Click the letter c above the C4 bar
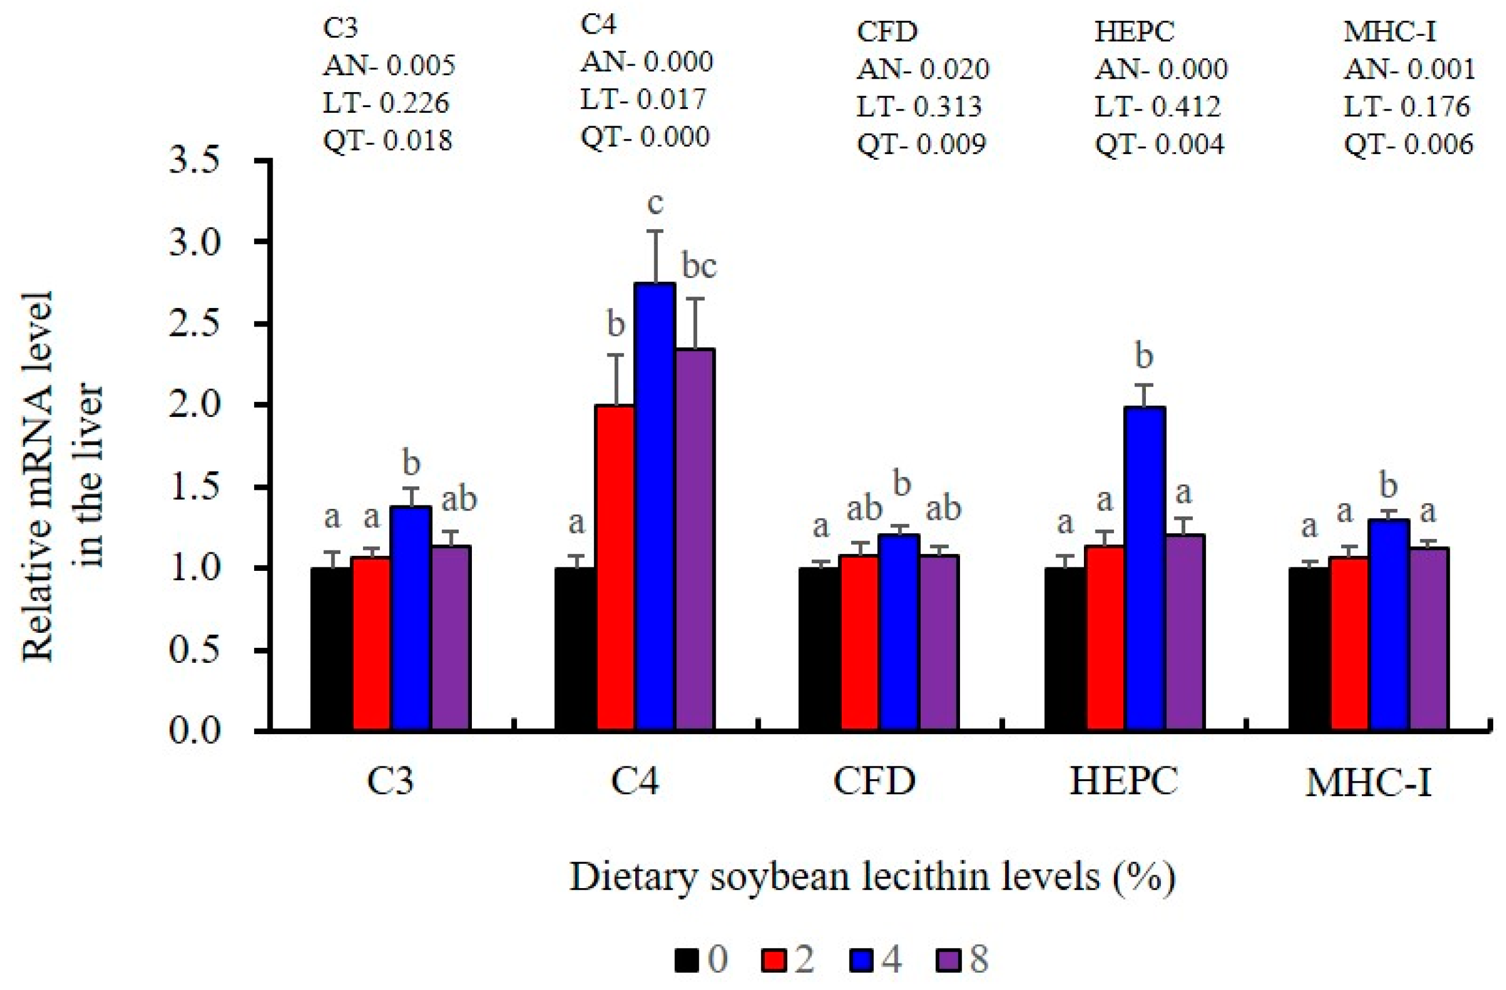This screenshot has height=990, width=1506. (655, 204)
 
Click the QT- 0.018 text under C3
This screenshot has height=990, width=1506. (388, 141)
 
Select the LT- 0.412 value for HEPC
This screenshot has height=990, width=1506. (1157, 107)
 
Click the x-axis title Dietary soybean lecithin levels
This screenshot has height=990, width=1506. (873, 878)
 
